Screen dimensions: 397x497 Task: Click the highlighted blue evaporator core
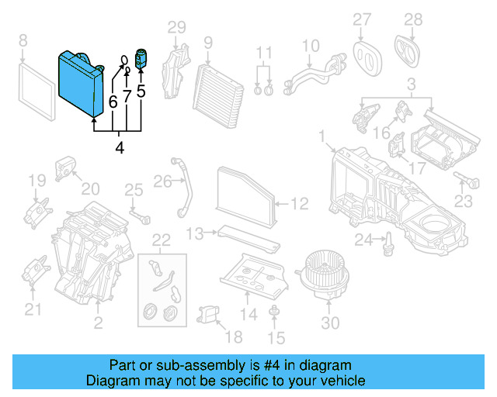(x=79, y=83)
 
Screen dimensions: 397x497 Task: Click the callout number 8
(x=23, y=40)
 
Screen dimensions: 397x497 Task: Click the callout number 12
(x=300, y=204)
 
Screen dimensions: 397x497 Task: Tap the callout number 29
(x=177, y=29)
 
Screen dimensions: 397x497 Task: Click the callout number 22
(x=160, y=239)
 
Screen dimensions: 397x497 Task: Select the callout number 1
(x=321, y=137)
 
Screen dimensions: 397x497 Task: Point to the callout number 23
(x=463, y=202)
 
